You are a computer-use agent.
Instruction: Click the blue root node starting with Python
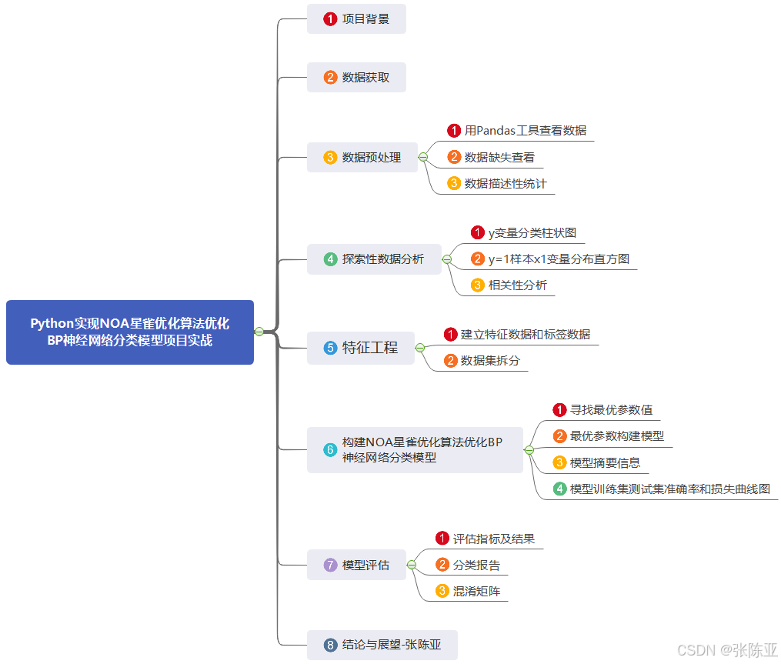point(129,332)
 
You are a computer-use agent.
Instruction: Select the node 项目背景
point(356,18)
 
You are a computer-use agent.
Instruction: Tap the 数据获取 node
point(356,77)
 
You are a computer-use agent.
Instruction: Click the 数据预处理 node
point(362,157)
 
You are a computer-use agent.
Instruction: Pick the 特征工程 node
point(361,348)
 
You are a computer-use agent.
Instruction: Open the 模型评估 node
point(356,565)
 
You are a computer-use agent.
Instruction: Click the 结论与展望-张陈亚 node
point(382,645)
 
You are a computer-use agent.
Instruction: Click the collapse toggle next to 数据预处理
point(422,157)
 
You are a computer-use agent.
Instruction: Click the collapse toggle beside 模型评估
point(412,565)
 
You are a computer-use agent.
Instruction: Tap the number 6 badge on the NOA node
point(330,450)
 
